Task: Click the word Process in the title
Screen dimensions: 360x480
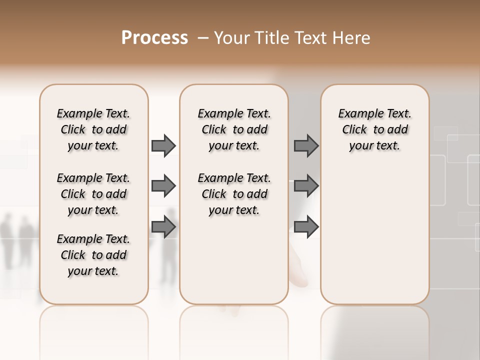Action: point(154,38)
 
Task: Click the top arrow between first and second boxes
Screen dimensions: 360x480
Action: point(163,145)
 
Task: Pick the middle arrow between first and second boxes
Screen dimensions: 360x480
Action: point(163,186)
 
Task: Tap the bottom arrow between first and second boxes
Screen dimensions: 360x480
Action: point(163,227)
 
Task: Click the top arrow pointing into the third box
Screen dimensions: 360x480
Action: point(306,145)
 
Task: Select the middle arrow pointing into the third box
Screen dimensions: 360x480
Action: point(306,186)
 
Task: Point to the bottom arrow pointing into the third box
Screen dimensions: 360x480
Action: point(306,227)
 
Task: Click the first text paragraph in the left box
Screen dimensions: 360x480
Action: point(93,129)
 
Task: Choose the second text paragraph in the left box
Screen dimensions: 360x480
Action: point(93,194)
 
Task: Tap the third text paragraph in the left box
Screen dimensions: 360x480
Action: point(93,255)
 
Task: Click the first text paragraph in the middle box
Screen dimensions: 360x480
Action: point(234,129)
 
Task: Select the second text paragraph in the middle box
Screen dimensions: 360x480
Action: point(234,194)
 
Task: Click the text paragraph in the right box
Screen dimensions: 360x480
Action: point(374,129)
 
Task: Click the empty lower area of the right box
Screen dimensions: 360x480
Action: point(374,235)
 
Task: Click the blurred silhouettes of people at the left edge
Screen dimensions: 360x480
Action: point(17,240)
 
